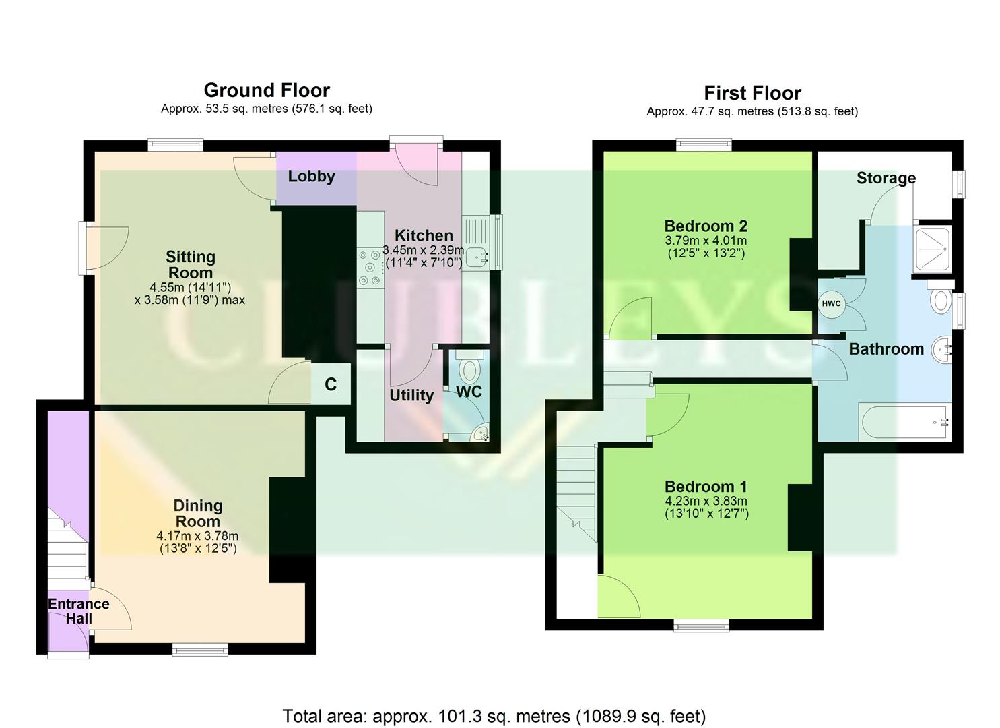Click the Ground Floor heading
point(267,90)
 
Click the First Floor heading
point(752,93)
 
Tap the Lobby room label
point(311,177)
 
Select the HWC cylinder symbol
point(831,303)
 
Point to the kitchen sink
point(477,255)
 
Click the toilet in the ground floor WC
point(469,369)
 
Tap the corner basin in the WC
point(481,434)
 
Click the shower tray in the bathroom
point(932,249)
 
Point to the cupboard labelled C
point(331,384)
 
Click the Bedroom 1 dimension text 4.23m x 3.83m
point(706,502)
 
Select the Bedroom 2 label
point(706,226)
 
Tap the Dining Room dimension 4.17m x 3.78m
point(197,537)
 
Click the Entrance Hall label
point(78,611)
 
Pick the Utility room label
point(411,395)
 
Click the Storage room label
point(886,178)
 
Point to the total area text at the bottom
point(494,715)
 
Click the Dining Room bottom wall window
point(199,649)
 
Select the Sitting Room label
point(191,264)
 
